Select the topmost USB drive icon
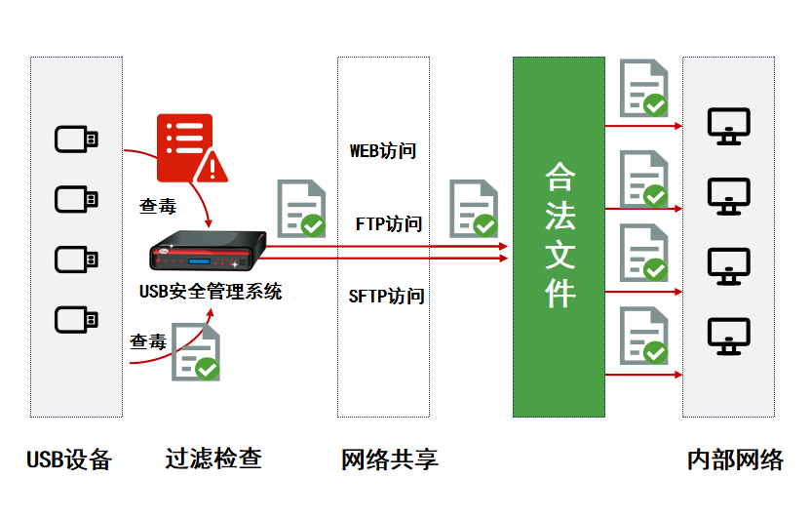[x=76, y=140]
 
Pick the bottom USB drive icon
[x=76, y=319]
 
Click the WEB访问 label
[x=383, y=151]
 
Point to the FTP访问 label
[x=388, y=223]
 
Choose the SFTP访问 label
[x=386, y=296]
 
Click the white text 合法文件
[x=560, y=235]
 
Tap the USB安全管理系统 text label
[x=211, y=291]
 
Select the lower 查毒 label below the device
[x=148, y=341]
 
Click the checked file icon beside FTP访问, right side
[x=473, y=209]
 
